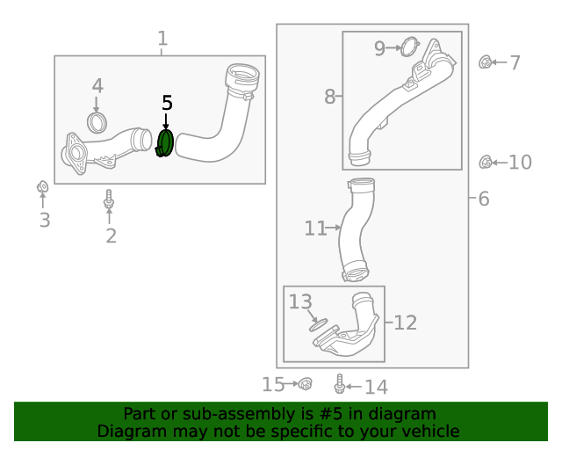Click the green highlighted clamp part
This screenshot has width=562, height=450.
pos(166,144)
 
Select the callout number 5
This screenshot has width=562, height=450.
pos(167,104)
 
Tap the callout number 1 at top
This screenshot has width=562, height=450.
pos(162,39)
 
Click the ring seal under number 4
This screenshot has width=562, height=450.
pos(97,122)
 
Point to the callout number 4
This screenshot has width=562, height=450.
pos(97,86)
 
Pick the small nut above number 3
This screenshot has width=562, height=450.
pos(41,187)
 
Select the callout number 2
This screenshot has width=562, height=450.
pos(111,236)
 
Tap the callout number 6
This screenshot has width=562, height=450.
pos(484,200)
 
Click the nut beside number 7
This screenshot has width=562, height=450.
pos(485,62)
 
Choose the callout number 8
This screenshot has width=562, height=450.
pos(329,97)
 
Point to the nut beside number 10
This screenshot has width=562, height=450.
pos(485,162)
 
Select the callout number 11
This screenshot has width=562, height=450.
pos(314,229)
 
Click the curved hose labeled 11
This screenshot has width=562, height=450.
pos(357,230)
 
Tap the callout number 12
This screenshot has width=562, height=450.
pos(405,323)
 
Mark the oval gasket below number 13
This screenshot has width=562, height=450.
pos(317,323)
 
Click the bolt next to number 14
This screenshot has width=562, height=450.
pos(340,384)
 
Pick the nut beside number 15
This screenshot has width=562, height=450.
pos(305,384)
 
